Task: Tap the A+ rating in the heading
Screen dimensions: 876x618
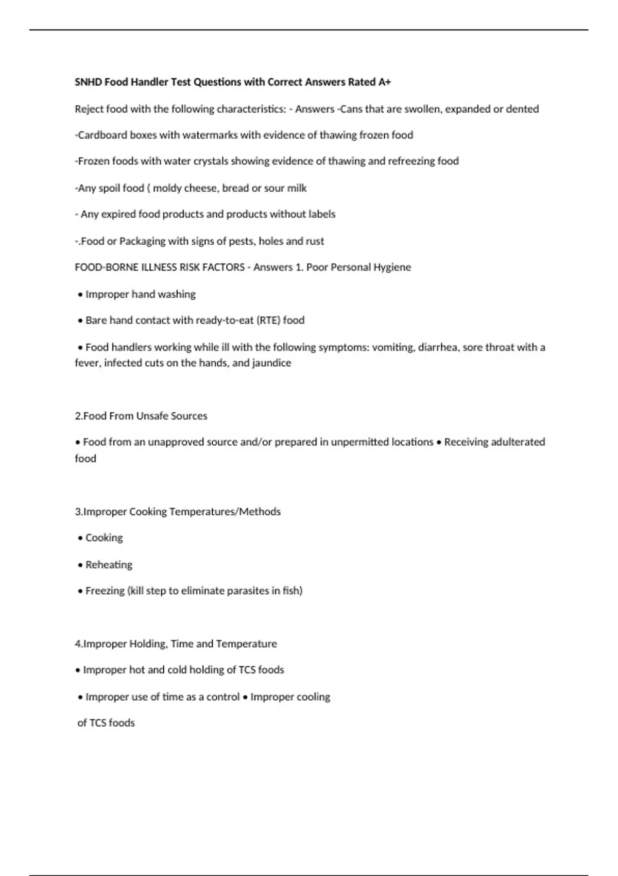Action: point(385,82)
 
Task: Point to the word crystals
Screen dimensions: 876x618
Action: point(210,161)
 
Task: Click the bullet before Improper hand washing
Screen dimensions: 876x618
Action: point(80,295)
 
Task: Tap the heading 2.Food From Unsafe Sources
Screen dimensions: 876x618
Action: point(141,416)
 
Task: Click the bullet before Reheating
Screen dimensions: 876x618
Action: point(80,565)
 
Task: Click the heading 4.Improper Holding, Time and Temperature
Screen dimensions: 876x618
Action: point(176,644)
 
